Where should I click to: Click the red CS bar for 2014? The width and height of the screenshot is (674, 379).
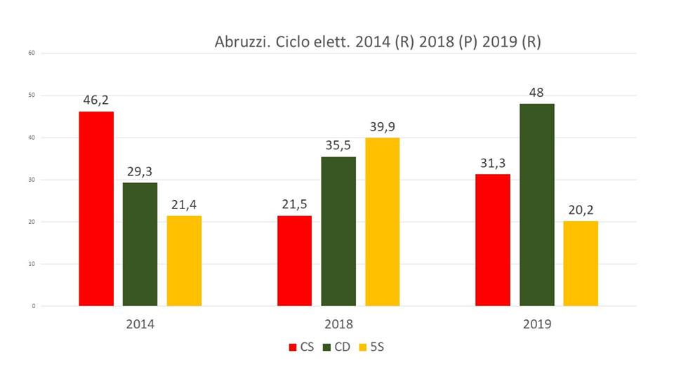coord(96,208)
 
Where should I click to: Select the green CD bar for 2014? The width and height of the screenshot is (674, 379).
coord(140,244)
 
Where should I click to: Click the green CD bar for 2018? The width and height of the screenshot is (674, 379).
coord(338,231)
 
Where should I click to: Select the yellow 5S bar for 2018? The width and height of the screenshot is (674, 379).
coord(382,222)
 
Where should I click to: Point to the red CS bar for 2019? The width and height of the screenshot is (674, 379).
coord(493,240)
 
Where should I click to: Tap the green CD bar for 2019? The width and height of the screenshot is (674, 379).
coord(537,205)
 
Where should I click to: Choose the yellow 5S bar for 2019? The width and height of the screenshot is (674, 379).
coord(581,263)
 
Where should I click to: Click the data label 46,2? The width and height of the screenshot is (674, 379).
coord(96,100)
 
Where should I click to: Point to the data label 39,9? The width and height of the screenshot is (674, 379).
coord(382,126)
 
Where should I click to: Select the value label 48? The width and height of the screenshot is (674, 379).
coord(537,92)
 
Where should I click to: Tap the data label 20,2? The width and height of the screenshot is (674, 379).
coord(581,210)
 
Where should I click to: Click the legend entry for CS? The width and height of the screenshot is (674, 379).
coord(301,347)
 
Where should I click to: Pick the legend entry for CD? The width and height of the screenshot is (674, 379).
coord(337,347)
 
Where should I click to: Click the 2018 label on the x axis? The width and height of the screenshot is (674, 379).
coord(338,325)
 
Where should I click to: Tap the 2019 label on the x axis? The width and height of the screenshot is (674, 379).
coord(537,325)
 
